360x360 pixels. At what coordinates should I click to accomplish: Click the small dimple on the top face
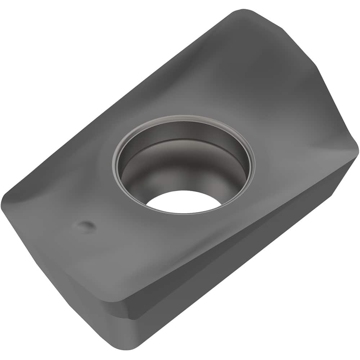[85, 226]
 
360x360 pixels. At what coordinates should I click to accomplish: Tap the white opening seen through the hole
[184, 202]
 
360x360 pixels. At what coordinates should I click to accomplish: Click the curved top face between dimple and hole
[108, 202]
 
